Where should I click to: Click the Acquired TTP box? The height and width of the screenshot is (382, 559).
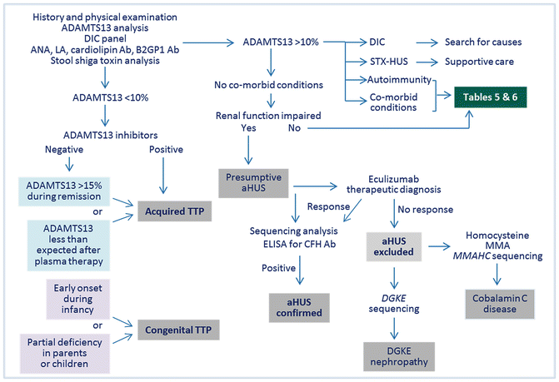[x=175, y=210]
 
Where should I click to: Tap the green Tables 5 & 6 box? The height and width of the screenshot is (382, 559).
[x=497, y=99]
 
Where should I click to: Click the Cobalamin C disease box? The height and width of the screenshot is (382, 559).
[x=497, y=304]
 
